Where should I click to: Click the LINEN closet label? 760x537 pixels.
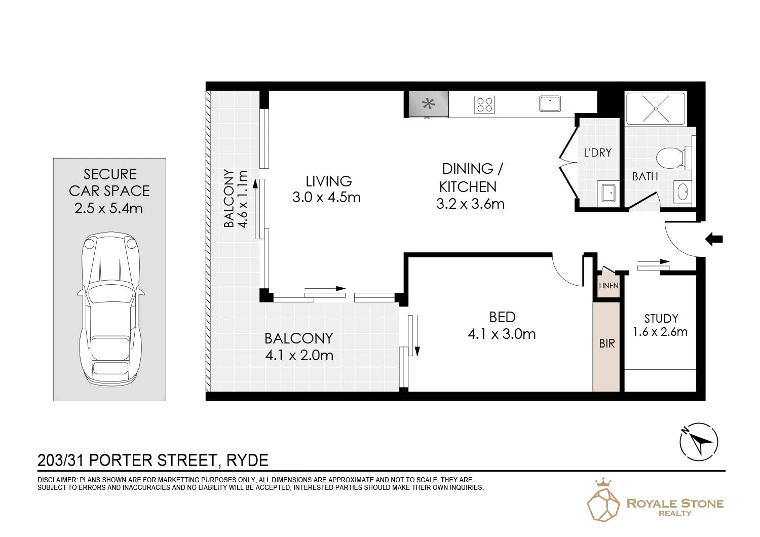point(609,286)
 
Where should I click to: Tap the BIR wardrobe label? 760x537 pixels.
point(606,343)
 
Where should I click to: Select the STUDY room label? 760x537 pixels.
point(661,319)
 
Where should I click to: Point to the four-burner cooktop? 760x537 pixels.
point(484,104)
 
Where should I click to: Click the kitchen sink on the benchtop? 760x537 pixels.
point(550,104)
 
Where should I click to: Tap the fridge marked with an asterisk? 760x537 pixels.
point(428,104)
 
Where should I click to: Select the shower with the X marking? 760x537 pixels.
point(656,108)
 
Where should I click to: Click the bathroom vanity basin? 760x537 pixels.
point(682,192)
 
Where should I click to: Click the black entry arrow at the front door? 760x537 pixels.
point(714,239)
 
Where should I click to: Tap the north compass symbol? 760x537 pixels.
point(698,442)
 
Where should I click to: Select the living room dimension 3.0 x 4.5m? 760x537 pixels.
point(326,198)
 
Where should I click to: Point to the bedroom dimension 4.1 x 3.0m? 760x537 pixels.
point(502,334)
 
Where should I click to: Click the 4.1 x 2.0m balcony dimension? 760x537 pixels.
point(299,356)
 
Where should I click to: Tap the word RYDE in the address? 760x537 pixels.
point(247,461)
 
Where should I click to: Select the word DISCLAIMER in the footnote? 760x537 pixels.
point(57,480)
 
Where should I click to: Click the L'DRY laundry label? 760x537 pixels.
point(597,152)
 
